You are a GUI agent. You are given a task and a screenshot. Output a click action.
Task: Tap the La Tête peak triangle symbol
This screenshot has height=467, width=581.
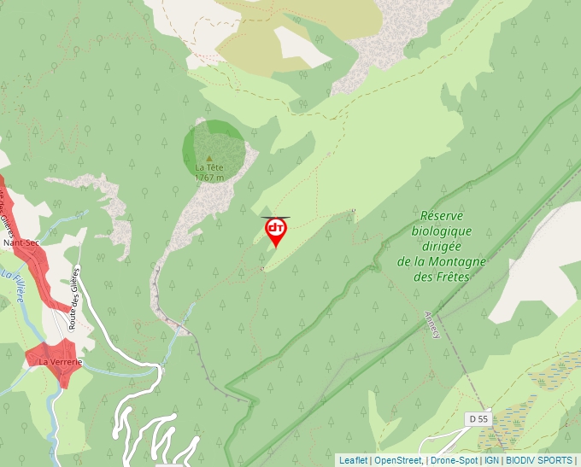click(209, 158)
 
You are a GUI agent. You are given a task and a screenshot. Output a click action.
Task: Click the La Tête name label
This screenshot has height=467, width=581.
click(209, 167)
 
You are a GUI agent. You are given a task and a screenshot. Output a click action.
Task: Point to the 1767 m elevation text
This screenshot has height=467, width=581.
click(209, 178)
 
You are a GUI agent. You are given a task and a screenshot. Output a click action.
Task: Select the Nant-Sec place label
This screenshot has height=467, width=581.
click(21, 243)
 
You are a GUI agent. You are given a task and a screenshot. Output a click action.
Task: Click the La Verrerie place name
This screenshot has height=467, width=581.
click(60, 362)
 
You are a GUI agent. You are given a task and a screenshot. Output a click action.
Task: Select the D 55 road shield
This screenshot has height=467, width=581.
click(479, 418)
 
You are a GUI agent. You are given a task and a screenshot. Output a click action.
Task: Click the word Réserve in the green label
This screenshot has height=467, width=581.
click(447, 217)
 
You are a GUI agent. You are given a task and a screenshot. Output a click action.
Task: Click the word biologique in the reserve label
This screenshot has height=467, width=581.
click(442, 231)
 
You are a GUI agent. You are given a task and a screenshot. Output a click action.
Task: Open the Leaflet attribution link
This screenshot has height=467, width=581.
click(353, 460)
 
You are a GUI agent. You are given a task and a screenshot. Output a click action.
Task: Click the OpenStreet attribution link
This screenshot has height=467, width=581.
click(397, 460)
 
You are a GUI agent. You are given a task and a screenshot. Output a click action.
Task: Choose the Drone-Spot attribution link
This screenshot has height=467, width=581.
click(455, 460)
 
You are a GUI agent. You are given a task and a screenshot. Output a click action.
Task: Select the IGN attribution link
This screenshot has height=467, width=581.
click(492, 460)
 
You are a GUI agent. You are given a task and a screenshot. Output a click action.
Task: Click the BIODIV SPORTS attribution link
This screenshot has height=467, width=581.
click(539, 460)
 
